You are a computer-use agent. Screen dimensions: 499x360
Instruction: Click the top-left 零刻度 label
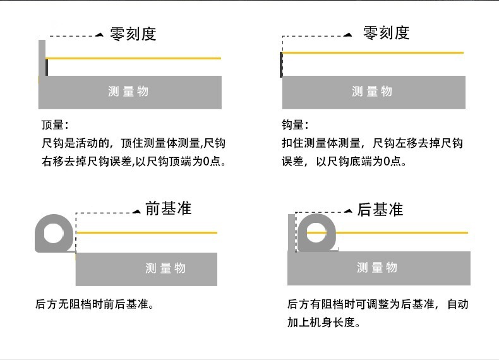point(133,34)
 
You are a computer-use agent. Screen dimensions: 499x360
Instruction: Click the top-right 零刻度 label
point(386,33)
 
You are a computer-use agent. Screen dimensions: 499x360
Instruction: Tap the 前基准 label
point(168,208)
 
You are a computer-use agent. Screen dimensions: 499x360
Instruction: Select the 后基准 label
point(380,210)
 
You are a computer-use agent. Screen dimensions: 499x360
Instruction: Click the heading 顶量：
point(54,124)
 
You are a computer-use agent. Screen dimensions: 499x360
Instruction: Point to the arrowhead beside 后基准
point(348,212)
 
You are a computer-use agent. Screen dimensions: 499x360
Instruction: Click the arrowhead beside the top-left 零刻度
point(99,35)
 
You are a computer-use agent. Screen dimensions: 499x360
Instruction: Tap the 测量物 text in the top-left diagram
point(128,92)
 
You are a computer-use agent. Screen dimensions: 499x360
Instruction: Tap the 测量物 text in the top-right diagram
point(372,92)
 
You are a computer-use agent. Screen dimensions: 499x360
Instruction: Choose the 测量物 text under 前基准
point(165,268)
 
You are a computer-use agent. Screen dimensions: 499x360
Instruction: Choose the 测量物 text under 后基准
point(377,268)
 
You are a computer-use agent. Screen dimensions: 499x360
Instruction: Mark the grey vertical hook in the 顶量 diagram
point(42,58)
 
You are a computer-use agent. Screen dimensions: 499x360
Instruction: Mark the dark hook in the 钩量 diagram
point(281,64)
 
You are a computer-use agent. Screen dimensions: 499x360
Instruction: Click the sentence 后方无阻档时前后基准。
point(95,305)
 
